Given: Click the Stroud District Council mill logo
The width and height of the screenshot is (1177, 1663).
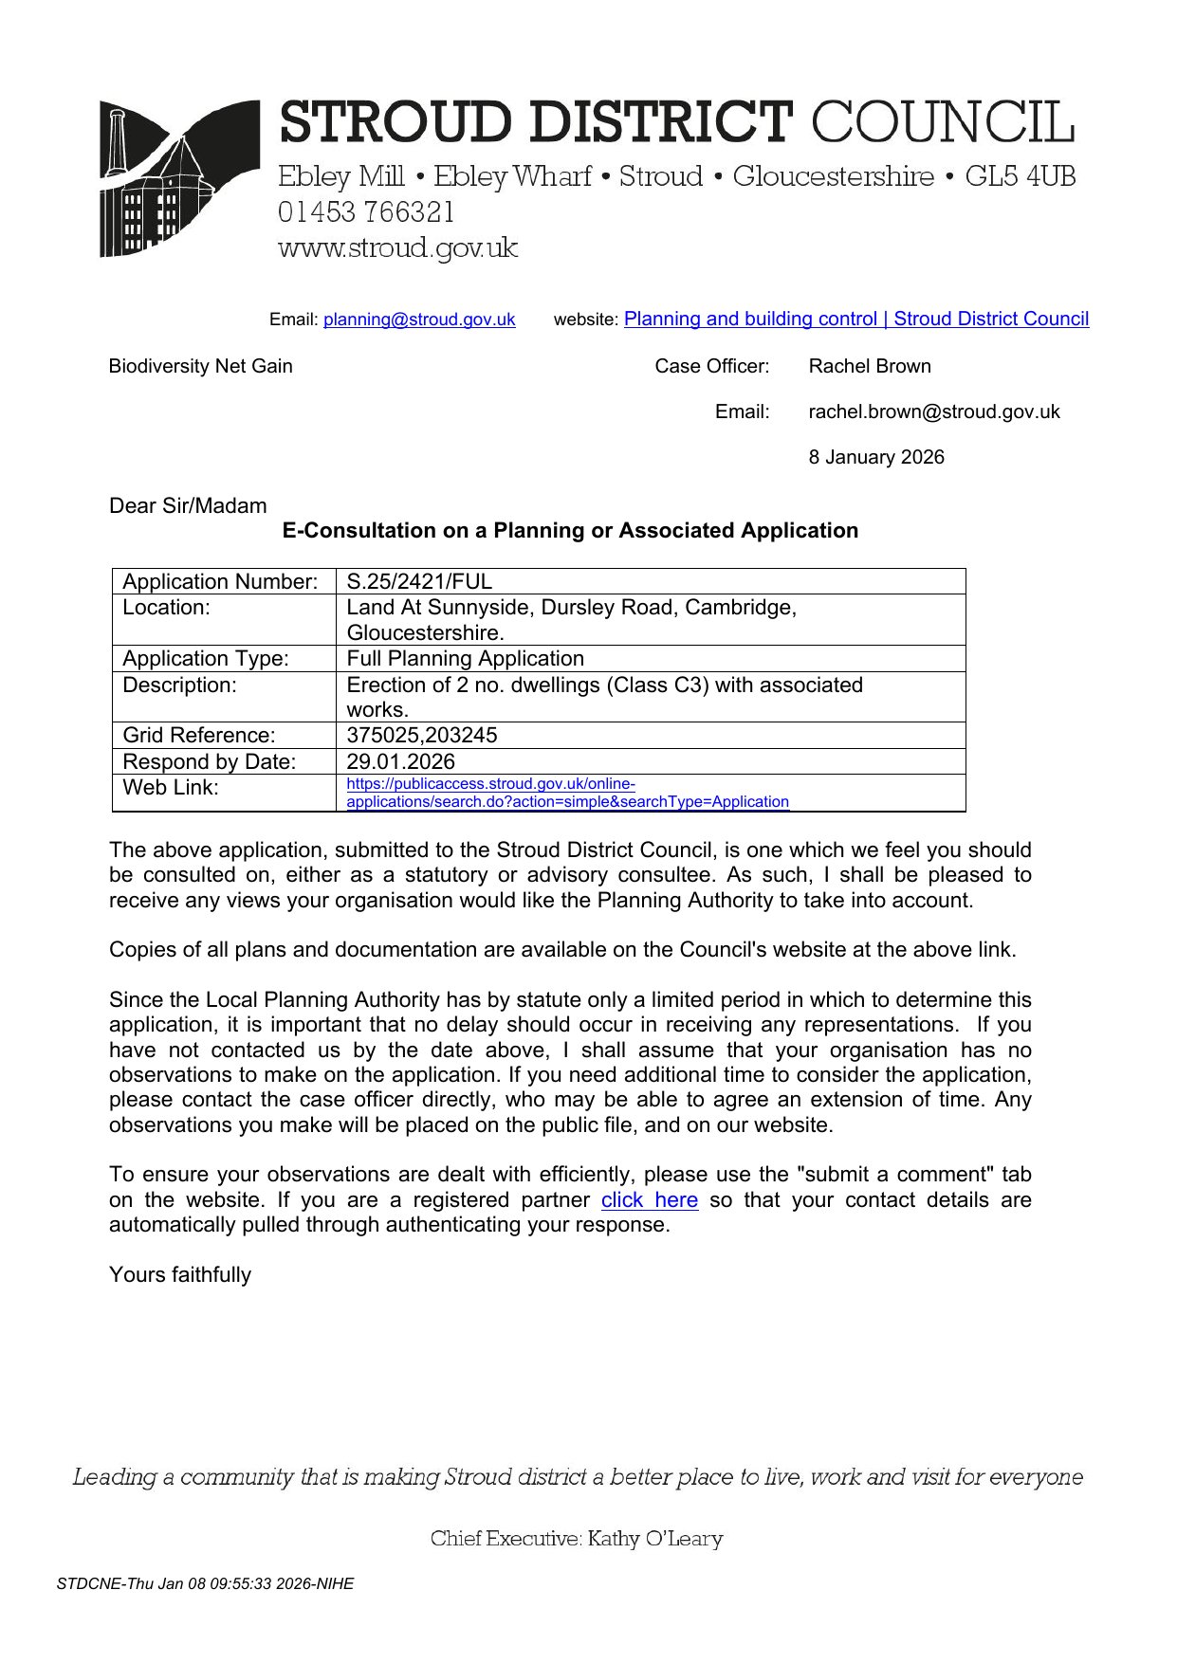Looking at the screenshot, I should click(x=179, y=178).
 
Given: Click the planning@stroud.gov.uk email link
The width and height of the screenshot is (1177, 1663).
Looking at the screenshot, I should click(x=419, y=320).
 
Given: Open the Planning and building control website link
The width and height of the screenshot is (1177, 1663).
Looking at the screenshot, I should click(x=855, y=319).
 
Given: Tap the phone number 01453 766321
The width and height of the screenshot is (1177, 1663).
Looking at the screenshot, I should click(x=366, y=212).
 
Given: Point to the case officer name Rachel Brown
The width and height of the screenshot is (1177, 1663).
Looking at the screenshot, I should click(x=869, y=366).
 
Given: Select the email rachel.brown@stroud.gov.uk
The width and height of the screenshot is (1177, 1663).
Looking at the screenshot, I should click(x=933, y=411).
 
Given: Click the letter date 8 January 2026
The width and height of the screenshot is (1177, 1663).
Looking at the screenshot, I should click(x=875, y=457).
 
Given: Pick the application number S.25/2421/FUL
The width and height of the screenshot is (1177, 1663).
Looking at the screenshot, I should click(x=419, y=581).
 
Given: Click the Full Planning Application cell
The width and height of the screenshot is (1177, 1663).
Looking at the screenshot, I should click(x=465, y=658).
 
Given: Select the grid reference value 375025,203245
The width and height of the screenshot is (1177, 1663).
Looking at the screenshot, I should click(x=421, y=735).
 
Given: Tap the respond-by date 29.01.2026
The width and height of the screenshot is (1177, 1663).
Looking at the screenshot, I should click(x=400, y=761).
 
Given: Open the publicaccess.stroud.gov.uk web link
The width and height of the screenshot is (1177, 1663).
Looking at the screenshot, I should click(x=566, y=793).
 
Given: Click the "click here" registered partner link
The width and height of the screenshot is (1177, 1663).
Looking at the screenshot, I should click(x=649, y=1199).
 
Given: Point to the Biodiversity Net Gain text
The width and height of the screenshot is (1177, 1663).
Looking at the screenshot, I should click(x=200, y=366).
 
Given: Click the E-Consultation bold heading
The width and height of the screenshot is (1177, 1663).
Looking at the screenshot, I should click(x=570, y=530).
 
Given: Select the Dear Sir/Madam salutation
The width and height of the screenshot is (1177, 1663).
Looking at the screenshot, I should click(x=188, y=505).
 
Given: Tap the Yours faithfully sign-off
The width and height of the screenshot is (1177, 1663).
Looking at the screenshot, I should click(x=180, y=1274).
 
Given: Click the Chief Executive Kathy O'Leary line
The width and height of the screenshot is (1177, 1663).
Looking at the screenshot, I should click(x=576, y=1538).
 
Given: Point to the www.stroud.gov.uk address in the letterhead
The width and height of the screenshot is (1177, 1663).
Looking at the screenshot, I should click(x=397, y=248).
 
